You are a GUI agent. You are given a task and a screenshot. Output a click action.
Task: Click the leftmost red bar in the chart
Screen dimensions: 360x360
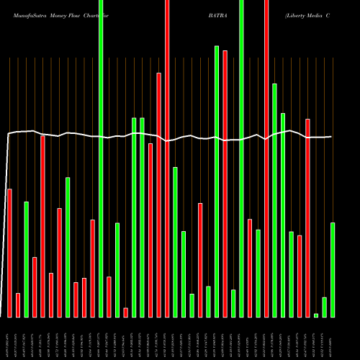[9, 252]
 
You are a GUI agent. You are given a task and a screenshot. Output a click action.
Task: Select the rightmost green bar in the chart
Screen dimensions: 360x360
[333, 270]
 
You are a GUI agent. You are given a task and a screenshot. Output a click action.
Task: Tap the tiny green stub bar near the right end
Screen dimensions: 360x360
[316, 315]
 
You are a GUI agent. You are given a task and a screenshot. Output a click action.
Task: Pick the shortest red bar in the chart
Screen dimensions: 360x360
[126, 312]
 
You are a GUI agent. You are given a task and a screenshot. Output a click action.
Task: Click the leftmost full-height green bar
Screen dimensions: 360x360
[101, 158]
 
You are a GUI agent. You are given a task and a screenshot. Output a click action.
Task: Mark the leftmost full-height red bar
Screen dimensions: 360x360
[167, 158]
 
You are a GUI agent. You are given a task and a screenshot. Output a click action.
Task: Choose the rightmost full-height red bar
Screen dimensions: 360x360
[266, 158]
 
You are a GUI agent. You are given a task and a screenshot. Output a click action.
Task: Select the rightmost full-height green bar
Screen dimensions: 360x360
[241, 158]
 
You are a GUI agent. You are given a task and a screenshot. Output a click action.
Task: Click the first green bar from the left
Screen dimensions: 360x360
[26, 259]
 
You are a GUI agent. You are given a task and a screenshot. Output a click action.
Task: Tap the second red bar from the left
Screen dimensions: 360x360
[18, 305]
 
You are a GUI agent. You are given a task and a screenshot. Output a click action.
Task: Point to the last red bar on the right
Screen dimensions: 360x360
[307, 217]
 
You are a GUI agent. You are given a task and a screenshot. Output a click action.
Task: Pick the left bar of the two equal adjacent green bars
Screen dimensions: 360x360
[134, 217]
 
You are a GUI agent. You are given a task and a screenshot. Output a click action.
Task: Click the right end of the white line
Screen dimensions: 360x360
[332, 137]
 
